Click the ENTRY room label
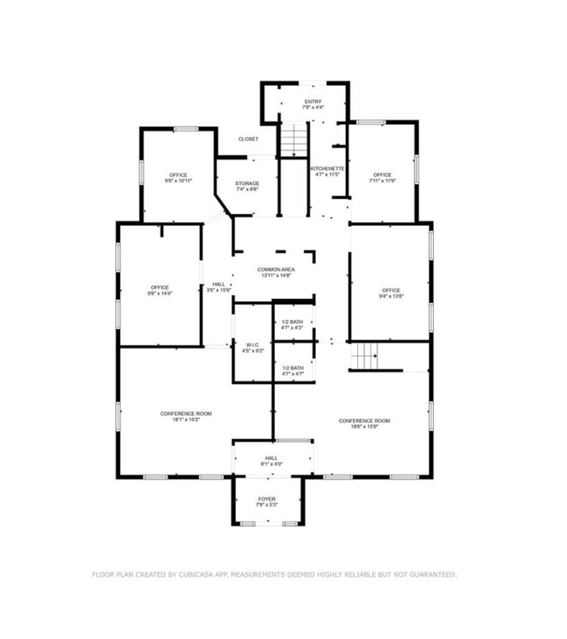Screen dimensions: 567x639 [313, 102]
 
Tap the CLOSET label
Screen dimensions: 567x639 [248, 139]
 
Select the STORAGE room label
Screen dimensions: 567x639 [247, 183]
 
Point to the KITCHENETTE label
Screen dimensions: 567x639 [327, 168]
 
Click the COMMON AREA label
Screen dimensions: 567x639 [276, 270]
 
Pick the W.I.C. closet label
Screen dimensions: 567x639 [253, 344]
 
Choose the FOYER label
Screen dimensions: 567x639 [267, 499]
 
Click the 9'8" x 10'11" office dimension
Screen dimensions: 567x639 [178, 180]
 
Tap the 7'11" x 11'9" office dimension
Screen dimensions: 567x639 [382, 180]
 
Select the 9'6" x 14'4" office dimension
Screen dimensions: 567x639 [159, 293]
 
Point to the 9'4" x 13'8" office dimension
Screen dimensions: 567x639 [391, 296]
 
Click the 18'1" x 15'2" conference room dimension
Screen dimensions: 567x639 [186, 419]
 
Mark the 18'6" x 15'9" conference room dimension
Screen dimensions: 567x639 [364, 427]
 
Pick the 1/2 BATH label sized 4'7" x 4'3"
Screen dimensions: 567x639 [292, 322]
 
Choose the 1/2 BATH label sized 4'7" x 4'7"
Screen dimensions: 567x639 [293, 368]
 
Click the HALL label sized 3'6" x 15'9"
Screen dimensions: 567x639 [219, 284]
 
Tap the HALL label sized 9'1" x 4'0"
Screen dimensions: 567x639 [271, 458]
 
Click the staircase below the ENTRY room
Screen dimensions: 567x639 [293, 139]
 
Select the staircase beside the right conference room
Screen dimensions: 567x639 [364, 356]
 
